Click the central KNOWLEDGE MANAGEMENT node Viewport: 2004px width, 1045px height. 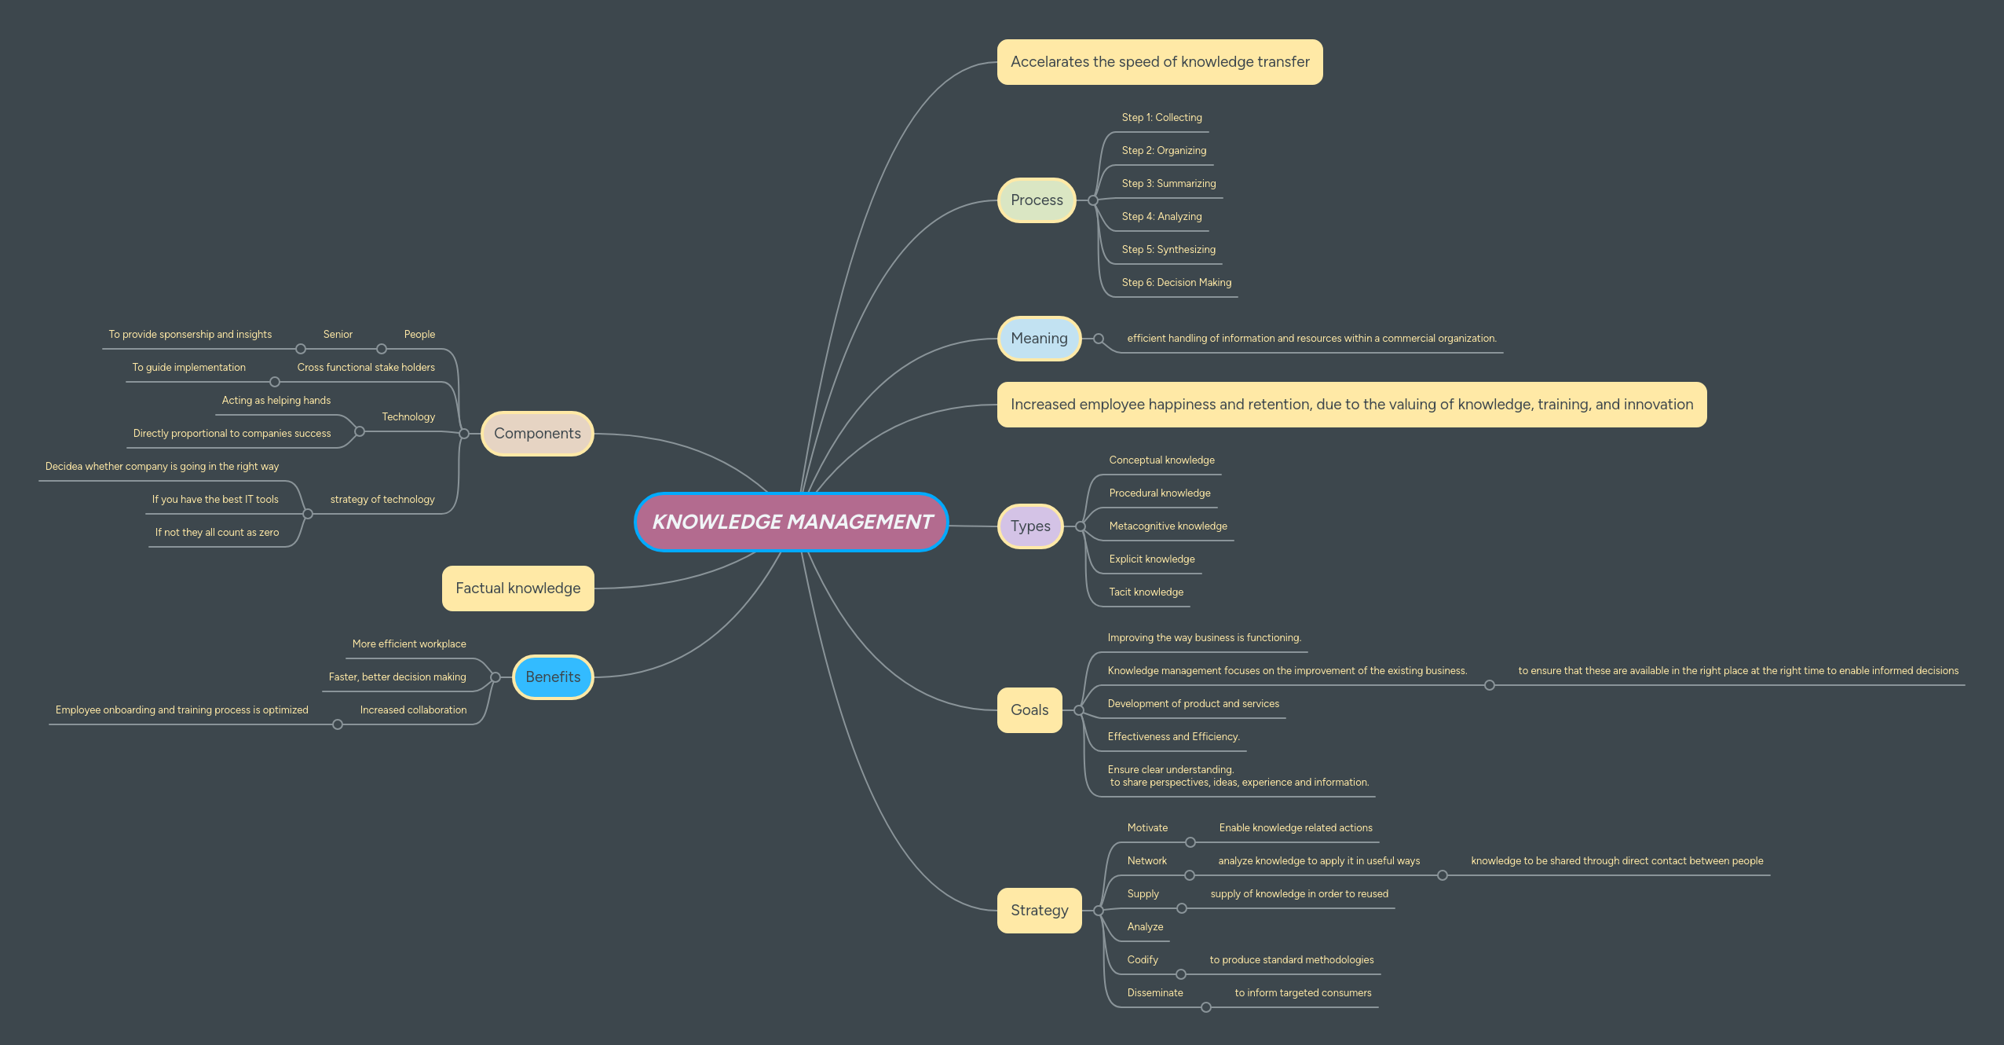792,522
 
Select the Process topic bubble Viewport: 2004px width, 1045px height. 1037,200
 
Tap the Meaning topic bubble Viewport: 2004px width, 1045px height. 1039,339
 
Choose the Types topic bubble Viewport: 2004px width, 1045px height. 1030,526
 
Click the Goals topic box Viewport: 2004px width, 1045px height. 1029,710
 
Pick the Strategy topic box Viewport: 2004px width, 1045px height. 1039,911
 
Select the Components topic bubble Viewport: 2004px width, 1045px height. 537,434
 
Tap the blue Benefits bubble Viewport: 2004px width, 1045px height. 553,677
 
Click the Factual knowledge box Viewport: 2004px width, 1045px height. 518,588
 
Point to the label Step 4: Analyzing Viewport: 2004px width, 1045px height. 1161,217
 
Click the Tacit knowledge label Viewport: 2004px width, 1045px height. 1146,592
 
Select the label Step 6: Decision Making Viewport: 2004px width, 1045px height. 1176,283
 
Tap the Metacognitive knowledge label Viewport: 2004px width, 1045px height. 1168,526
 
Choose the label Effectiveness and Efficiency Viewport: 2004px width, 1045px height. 1173,737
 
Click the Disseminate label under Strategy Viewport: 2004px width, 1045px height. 1154,993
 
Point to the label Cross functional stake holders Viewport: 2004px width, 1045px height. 366,368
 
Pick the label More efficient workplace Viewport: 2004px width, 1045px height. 409,644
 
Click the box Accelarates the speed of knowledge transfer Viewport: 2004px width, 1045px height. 1160,62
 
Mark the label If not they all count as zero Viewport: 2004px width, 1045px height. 217,533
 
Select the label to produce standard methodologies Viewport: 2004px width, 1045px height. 1291,960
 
